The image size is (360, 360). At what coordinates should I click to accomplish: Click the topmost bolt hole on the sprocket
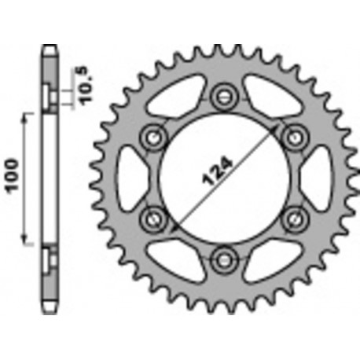pyautogui.click(x=224, y=97)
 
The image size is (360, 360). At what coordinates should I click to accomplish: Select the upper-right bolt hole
pyautogui.click(x=293, y=137)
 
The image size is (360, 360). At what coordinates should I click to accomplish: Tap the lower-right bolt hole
pyautogui.click(x=293, y=216)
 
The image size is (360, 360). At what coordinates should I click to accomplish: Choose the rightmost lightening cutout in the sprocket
pyautogui.click(x=320, y=177)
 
